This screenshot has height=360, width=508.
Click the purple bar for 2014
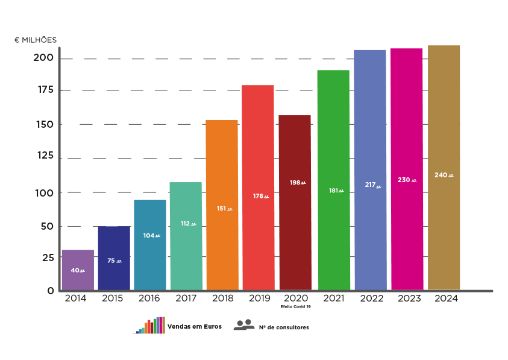78,270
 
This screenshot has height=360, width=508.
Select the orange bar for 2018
222,204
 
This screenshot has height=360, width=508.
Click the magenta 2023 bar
407,169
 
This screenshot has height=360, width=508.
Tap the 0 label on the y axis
51,291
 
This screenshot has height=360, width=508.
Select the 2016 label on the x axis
149,298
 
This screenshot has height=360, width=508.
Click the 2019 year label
259,298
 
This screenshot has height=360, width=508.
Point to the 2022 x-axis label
371,298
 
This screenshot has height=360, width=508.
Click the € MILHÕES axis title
36,40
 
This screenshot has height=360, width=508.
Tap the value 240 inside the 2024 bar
441,175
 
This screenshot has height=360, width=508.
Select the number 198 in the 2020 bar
295,182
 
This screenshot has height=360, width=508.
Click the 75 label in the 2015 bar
111,261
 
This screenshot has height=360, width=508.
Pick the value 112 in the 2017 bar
185,223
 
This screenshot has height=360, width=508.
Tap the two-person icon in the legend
243,324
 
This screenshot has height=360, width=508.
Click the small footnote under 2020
295,307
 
